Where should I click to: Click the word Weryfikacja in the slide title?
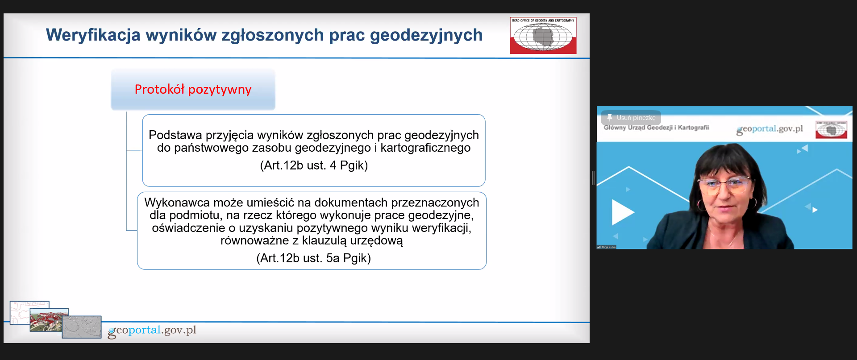click(x=93, y=35)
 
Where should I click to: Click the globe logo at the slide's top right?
click(x=543, y=36)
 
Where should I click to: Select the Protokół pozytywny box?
click(x=193, y=89)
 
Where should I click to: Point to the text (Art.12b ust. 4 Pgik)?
click(x=314, y=166)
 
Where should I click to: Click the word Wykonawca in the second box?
click(x=177, y=203)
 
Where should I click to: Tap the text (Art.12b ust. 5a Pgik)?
click(x=313, y=258)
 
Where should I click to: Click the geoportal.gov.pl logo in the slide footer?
click(x=152, y=331)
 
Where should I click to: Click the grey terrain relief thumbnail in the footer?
click(x=82, y=327)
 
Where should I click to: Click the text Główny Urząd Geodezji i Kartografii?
click(x=656, y=128)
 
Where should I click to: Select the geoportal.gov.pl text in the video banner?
click(x=770, y=129)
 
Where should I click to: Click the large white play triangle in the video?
click(x=622, y=212)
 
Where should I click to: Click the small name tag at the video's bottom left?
click(x=607, y=247)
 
